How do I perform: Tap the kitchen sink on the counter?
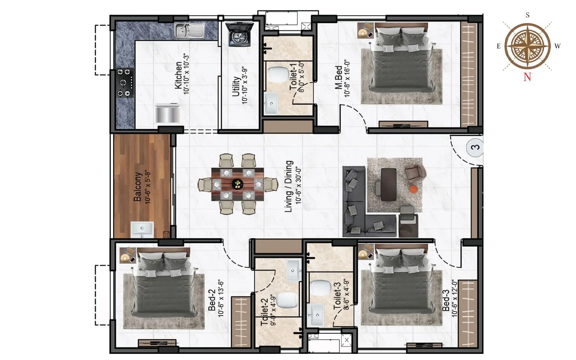190,30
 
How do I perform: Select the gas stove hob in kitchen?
125,83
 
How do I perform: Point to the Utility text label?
236,86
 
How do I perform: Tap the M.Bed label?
338,77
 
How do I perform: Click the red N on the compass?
527,77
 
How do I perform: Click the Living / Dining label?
289,186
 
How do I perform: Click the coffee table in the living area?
388,185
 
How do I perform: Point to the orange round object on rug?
414,189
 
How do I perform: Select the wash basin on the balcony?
142,229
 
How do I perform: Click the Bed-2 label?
212,300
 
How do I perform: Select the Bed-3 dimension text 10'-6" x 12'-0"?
454,298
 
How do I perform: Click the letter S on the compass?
527,15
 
